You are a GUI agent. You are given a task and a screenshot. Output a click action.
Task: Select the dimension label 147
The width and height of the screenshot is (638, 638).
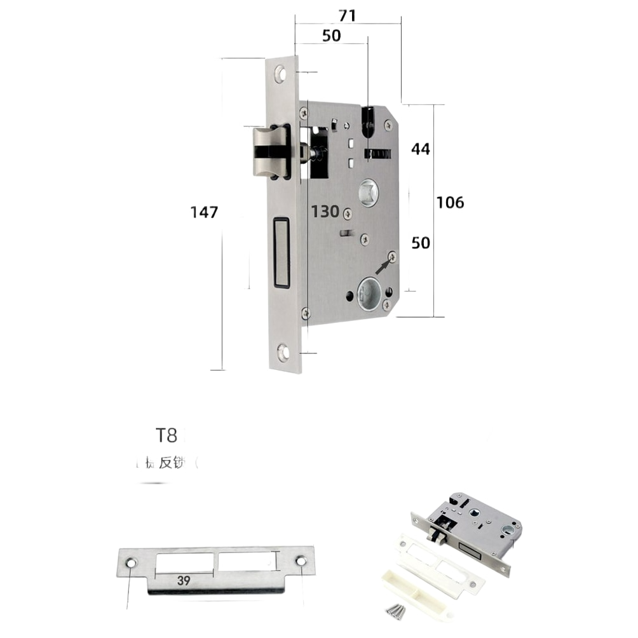(x=205, y=212)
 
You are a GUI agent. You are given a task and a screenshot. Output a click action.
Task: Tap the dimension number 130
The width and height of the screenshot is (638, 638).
(x=325, y=212)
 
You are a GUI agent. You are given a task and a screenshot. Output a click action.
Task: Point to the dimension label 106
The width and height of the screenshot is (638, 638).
(x=451, y=203)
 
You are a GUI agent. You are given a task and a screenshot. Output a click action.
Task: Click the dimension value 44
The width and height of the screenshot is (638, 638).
(x=421, y=149)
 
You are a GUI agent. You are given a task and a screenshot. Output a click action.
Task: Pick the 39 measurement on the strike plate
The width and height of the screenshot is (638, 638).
(x=184, y=580)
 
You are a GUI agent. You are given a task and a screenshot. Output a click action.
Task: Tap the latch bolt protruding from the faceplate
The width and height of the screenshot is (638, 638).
(x=269, y=151)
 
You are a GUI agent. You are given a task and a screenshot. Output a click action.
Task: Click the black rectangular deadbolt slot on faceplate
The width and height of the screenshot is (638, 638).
(x=281, y=252)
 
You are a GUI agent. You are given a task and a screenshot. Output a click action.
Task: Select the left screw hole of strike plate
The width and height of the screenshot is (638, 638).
(x=131, y=563)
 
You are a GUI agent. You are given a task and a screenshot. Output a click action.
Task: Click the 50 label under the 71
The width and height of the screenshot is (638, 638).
(x=331, y=36)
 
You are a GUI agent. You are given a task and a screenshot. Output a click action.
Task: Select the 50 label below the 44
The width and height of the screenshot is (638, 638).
(x=421, y=243)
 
